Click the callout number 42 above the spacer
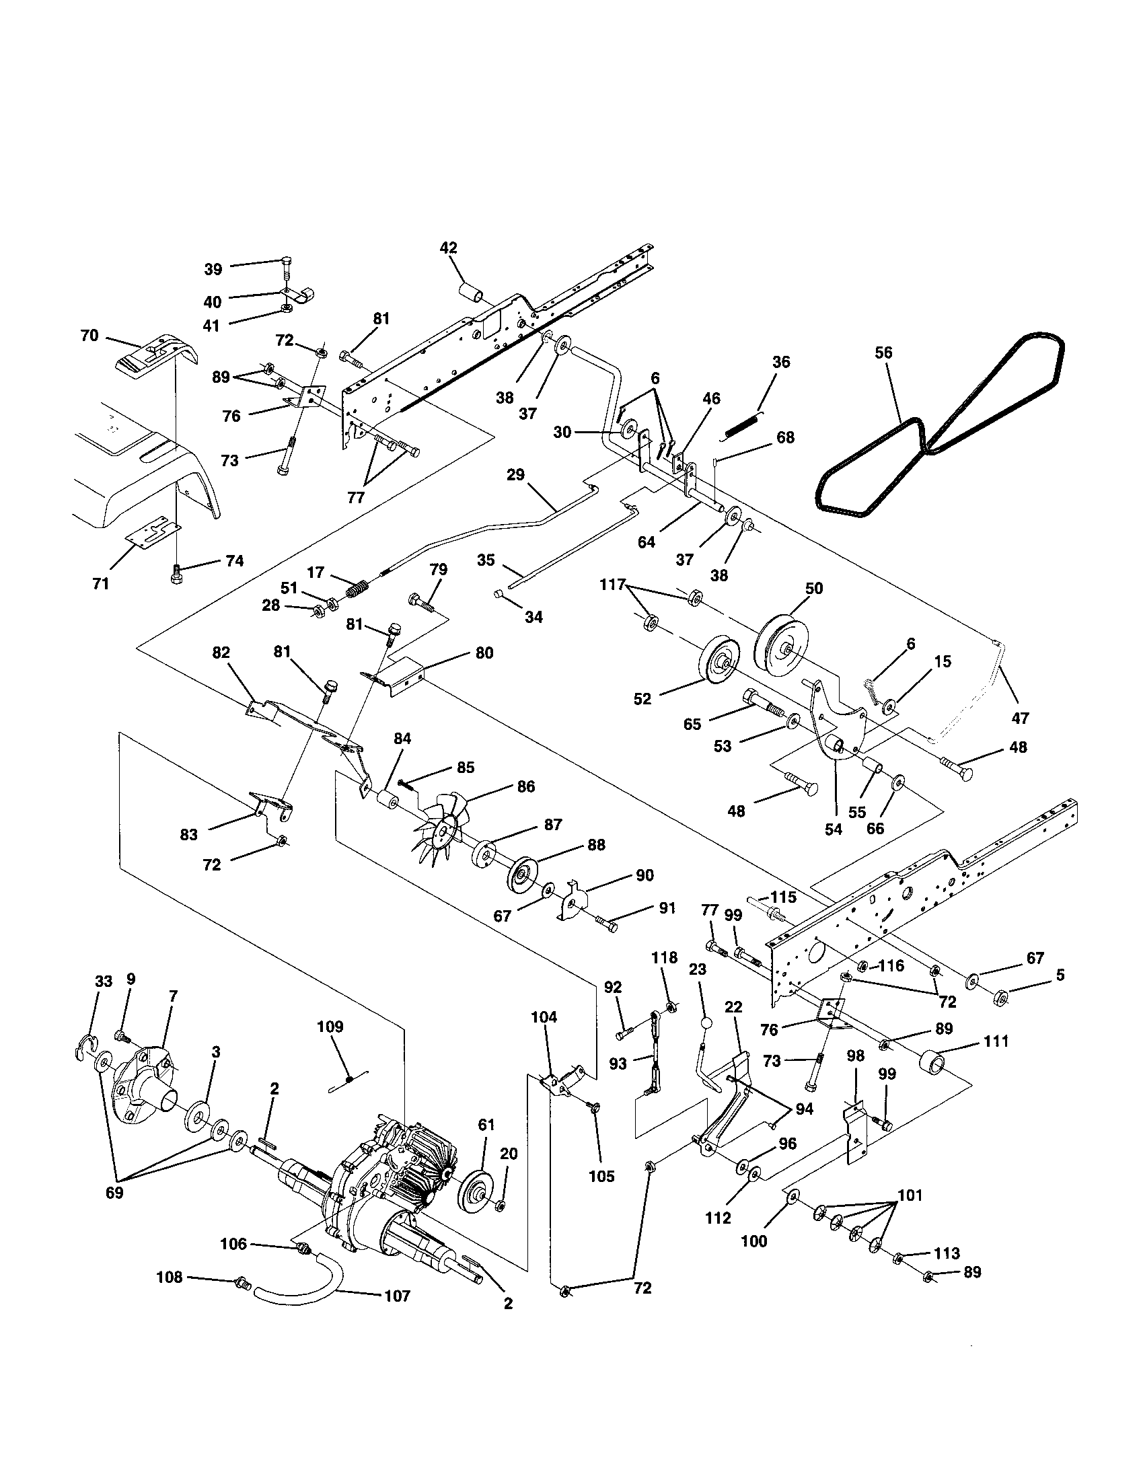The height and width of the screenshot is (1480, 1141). pos(448,248)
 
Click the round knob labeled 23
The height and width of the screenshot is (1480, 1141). pos(706,1023)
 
